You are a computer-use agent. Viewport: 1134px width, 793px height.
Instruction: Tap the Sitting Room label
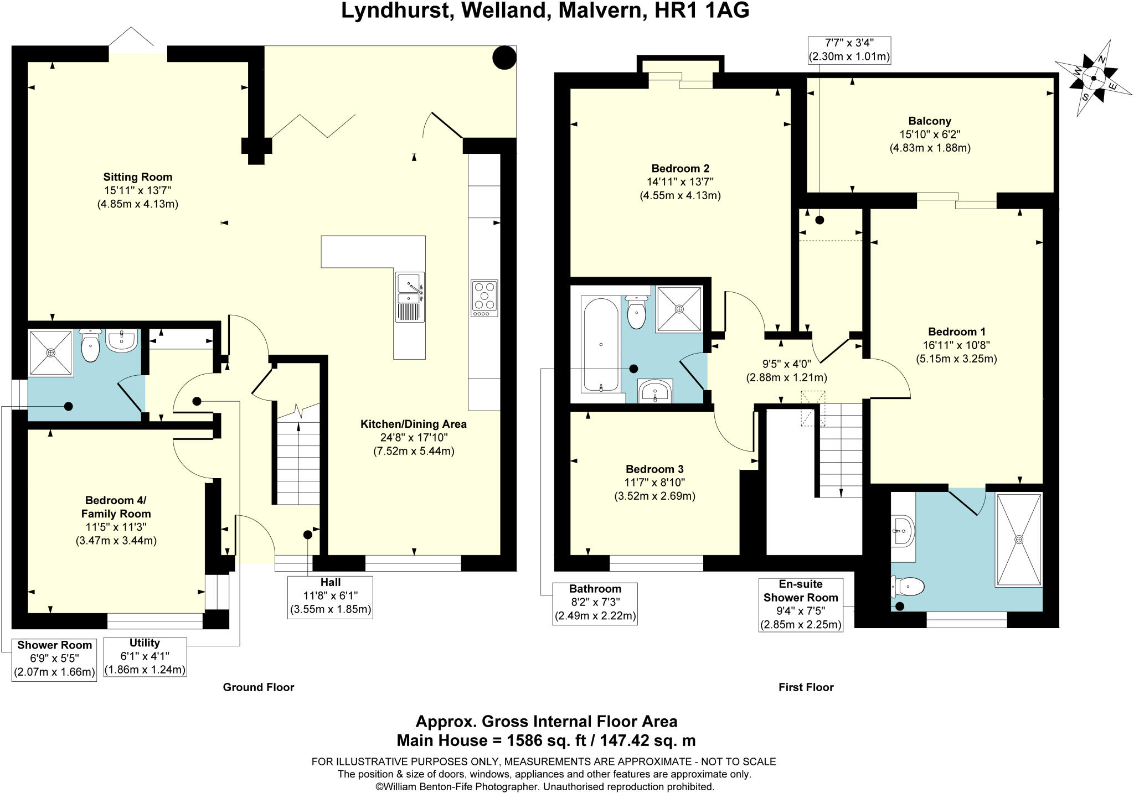click(138, 177)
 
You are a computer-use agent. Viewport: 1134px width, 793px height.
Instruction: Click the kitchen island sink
click(410, 297)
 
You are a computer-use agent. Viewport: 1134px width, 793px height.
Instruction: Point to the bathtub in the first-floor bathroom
click(601, 344)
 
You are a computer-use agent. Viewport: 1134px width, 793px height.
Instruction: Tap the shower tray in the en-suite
click(1018, 539)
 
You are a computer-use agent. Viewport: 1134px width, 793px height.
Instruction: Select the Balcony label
click(930, 121)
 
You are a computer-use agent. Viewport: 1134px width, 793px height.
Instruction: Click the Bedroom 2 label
click(680, 169)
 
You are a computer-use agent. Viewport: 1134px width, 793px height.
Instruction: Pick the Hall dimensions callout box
click(331, 597)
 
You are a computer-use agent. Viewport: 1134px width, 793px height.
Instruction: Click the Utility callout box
click(145, 657)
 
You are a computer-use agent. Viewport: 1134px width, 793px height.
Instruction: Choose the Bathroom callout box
click(595, 603)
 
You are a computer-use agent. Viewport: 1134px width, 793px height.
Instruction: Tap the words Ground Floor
click(259, 687)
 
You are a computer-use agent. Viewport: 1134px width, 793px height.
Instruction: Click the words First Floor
click(806, 687)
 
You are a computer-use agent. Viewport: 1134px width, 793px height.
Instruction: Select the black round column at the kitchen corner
click(504, 58)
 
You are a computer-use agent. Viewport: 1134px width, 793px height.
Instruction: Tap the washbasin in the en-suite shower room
click(903, 531)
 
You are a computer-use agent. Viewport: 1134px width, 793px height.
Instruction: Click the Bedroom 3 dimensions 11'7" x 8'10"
click(655, 483)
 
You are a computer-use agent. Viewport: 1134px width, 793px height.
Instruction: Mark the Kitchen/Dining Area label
click(414, 424)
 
